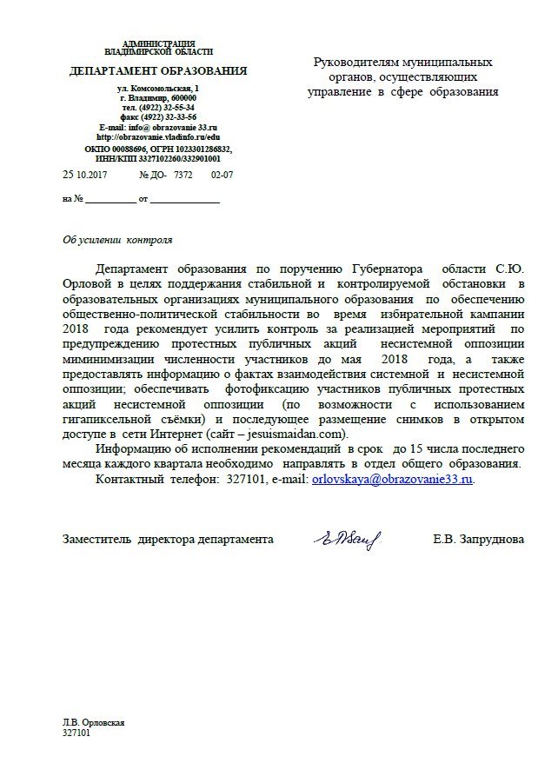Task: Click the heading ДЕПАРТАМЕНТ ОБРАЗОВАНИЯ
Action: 158,70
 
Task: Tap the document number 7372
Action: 183,175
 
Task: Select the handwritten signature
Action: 342,539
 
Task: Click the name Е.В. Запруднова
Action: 478,540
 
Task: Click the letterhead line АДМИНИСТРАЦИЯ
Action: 159,43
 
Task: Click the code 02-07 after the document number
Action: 223,175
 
